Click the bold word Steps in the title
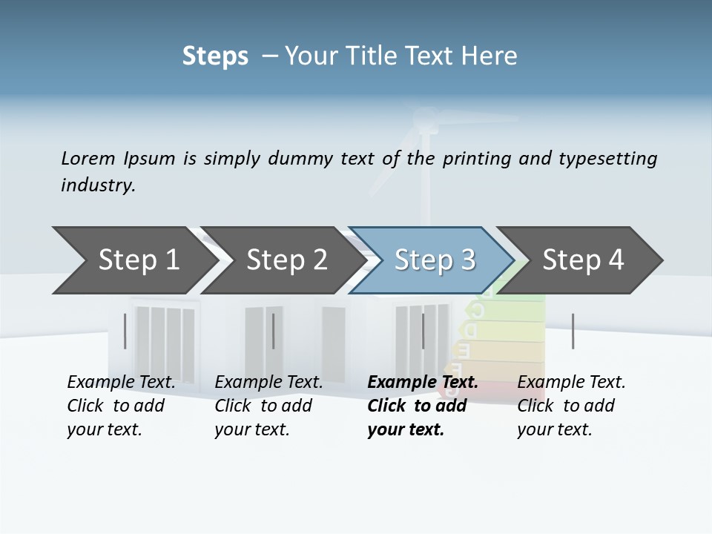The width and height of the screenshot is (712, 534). click(215, 56)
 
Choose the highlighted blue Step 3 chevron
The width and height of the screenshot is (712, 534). click(435, 260)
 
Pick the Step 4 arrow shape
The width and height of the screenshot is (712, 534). click(583, 260)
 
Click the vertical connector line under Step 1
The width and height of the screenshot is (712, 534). click(125, 331)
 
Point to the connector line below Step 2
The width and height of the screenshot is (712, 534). click(274, 331)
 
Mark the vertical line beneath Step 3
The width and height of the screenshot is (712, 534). click(423, 331)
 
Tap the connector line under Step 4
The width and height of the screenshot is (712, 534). click(573, 331)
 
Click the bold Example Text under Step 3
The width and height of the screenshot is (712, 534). click(423, 383)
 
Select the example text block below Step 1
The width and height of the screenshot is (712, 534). click(121, 406)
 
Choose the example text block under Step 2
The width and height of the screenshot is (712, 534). click(268, 406)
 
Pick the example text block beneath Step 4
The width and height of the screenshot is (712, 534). click(571, 406)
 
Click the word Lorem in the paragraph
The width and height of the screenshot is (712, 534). click(88, 158)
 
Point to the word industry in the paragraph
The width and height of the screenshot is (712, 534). click(97, 185)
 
